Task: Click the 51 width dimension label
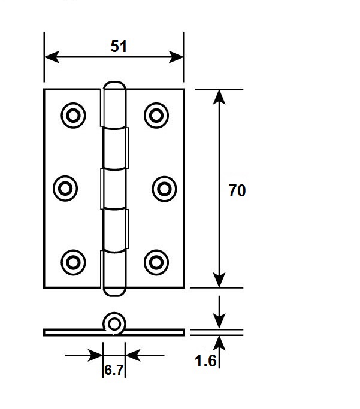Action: coord(119,47)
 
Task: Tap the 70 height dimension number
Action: coord(237,190)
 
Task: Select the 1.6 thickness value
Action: coord(205,361)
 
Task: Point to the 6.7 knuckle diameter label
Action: coord(114,370)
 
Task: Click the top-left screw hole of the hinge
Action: coord(73,116)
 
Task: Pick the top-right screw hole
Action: coord(156,116)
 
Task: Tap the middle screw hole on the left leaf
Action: coord(65,188)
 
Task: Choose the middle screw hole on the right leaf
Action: coord(164,189)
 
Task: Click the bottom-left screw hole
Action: coord(73,262)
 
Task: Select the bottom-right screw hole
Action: coord(156,262)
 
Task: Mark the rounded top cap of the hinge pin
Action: coord(114,84)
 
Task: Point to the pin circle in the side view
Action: coord(114,324)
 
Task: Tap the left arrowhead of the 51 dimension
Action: coord(52,57)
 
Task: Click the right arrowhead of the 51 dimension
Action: coord(176,57)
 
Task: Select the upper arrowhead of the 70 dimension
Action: coord(219,97)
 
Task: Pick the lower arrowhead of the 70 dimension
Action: coord(219,280)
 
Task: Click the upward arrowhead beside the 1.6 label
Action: coord(219,343)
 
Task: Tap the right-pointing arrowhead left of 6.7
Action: coord(95,355)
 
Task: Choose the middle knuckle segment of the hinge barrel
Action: coord(114,189)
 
